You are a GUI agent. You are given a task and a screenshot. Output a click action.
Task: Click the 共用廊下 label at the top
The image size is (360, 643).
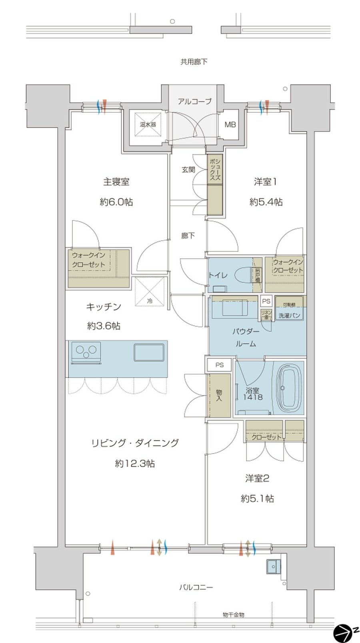point(194,62)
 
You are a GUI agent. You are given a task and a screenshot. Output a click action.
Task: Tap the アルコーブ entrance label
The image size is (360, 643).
point(194,102)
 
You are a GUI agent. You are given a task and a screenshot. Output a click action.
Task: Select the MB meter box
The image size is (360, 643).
point(230,125)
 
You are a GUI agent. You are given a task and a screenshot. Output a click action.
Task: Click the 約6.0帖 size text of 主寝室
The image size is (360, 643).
point(116,202)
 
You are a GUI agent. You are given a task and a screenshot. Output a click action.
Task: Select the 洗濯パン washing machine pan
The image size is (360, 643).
point(289,316)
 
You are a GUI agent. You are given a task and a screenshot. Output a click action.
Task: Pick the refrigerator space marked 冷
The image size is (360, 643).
point(150,293)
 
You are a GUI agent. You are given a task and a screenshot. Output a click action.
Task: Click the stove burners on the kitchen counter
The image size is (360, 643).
point(86,351)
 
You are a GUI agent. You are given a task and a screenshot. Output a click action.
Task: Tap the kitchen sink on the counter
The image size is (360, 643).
point(149,352)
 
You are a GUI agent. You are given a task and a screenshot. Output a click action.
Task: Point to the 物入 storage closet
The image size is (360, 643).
point(219,395)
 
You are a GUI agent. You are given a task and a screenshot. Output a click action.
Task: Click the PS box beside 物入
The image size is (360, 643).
point(219,365)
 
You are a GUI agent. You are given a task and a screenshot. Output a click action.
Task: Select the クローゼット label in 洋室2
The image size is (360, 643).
point(266,437)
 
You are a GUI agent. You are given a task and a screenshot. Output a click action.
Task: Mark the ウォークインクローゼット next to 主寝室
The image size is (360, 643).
point(98,267)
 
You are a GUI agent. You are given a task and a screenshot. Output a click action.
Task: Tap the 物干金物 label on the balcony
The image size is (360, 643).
point(234,615)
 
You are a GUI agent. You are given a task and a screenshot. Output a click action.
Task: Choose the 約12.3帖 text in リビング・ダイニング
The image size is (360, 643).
point(135,463)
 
